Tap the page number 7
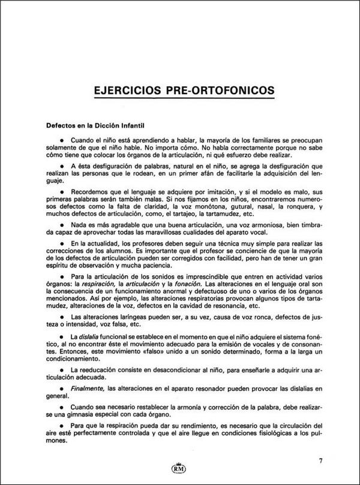(x=321, y=461)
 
